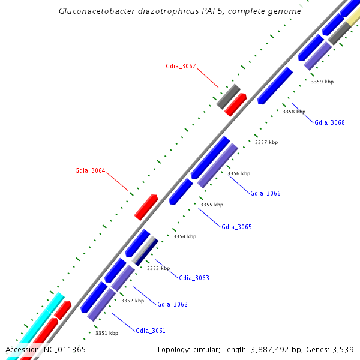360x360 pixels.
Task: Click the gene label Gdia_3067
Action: pyautogui.click(x=181, y=66)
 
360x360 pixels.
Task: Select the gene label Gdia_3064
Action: pyautogui.click(x=90, y=170)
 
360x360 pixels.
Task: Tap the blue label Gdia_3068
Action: pyautogui.click(x=329, y=122)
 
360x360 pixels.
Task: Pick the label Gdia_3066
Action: pyautogui.click(x=265, y=193)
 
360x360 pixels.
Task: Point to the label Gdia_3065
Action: pyautogui.click(x=236, y=227)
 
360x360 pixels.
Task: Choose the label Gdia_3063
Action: pyautogui.click(x=194, y=278)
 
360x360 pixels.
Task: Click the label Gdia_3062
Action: pyautogui.click(x=172, y=304)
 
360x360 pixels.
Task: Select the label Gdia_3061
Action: pyautogui.click(x=151, y=331)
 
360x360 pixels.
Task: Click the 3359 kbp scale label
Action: pyautogui.click(x=322, y=82)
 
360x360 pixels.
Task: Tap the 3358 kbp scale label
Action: pyautogui.click(x=294, y=112)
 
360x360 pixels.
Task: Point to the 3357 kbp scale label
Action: pyautogui.click(x=266, y=142)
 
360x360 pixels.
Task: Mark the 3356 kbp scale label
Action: pyautogui.click(x=239, y=173)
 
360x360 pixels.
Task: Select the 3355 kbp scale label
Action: pyautogui.click(x=212, y=205)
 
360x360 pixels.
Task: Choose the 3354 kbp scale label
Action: pyautogui.click(x=185, y=236)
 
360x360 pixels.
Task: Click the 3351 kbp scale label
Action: pyautogui.click(x=107, y=333)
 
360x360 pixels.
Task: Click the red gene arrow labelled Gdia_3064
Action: pyautogui.click(x=146, y=207)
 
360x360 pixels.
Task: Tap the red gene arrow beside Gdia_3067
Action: pyautogui.click(x=235, y=104)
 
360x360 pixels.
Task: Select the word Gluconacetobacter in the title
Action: pyautogui.click(x=94, y=11)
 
